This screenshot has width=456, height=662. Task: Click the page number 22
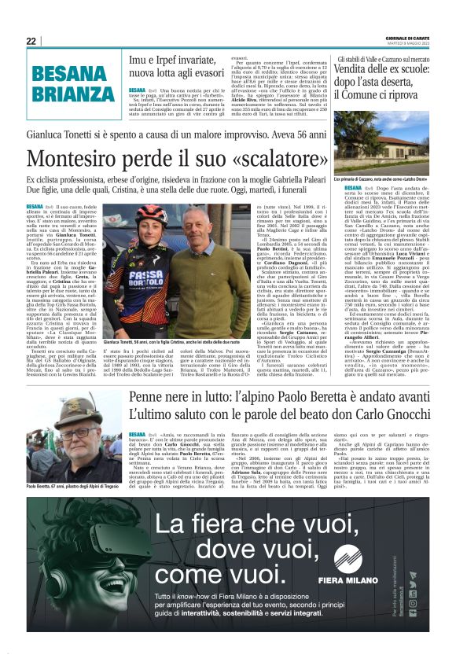[x=31, y=41]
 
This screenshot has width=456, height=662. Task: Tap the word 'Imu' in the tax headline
[x=139, y=59]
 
